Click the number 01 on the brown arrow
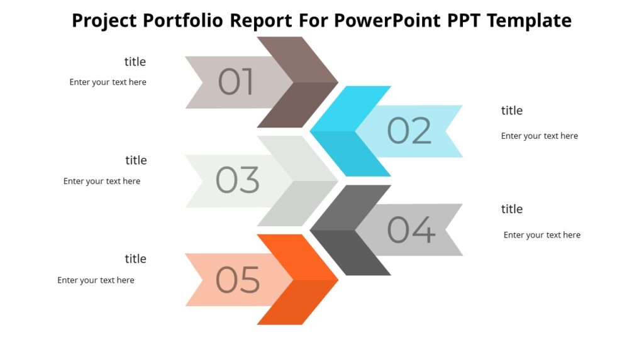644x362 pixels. tap(236, 82)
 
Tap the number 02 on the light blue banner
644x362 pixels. tap(409, 131)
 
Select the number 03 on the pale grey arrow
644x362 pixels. tap(237, 180)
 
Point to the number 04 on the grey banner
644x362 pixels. tap(411, 229)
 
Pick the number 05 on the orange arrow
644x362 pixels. tap(238, 280)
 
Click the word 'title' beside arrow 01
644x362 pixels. tap(135, 62)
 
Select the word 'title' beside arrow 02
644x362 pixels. tap(512, 111)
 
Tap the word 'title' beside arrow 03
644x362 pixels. tap(136, 160)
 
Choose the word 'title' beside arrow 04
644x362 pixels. tap(512, 209)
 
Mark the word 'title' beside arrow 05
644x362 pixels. tap(135, 259)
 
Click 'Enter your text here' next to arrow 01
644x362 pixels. tap(108, 82)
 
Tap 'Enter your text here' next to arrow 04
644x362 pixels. tap(542, 235)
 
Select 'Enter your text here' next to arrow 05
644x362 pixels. tap(96, 280)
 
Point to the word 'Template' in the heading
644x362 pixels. tap(529, 21)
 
